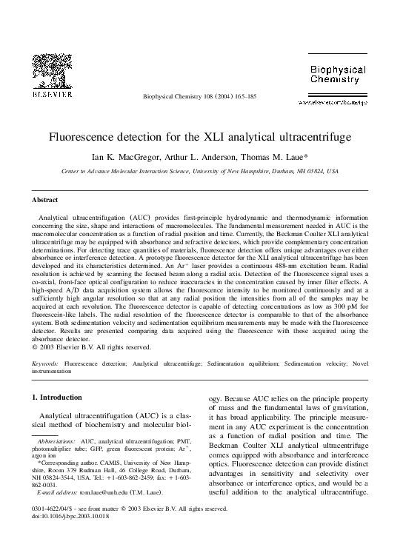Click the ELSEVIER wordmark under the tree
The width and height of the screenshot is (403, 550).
click(x=51, y=95)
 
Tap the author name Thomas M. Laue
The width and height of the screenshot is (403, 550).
click(x=262, y=156)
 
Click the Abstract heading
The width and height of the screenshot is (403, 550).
click(x=45, y=200)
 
